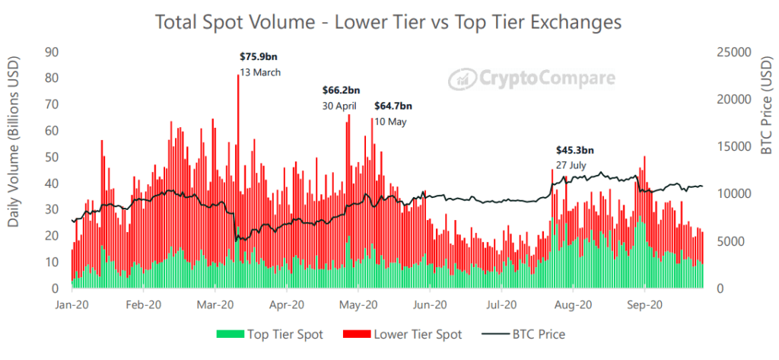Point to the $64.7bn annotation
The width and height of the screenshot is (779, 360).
pos(393,106)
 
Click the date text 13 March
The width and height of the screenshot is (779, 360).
pos(260,72)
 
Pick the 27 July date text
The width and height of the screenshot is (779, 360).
pos(570,164)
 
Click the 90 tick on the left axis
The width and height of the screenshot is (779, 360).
pos(52,52)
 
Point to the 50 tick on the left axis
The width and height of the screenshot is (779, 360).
pos(52,157)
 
